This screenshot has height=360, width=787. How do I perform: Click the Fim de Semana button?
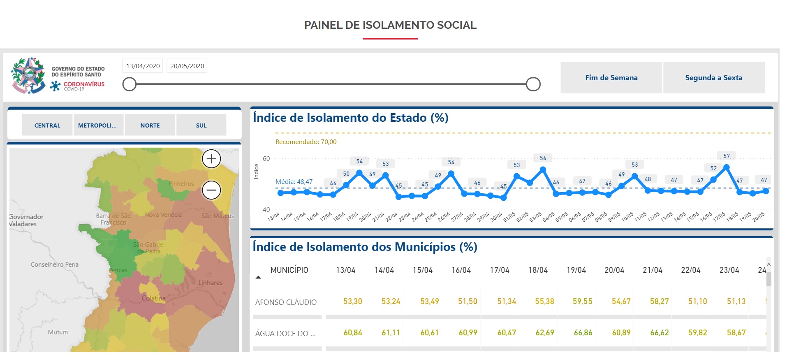pyautogui.click(x=611, y=78)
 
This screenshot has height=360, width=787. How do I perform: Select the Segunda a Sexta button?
pyautogui.click(x=713, y=78)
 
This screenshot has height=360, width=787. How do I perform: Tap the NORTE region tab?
pyautogui.click(x=150, y=125)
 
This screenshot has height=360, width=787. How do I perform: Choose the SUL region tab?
pyautogui.click(x=201, y=125)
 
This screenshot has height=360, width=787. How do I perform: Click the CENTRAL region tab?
pyautogui.click(x=47, y=125)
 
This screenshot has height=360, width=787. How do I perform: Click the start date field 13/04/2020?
pyautogui.click(x=143, y=66)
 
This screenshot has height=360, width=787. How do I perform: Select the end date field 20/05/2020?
pyautogui.click(x=187, y=66)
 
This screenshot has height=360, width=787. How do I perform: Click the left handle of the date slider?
pyautogui.click(x=130, y=84)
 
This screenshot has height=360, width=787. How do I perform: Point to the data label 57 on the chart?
pyautogui.click(x=727, y=156)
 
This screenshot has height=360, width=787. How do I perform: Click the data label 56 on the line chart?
pyautogui.click(x=543, y=158)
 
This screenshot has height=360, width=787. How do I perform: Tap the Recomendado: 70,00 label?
pyautogui.click(x=306, y=142)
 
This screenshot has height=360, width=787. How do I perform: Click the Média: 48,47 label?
pyautogui.click(x=294, y=182)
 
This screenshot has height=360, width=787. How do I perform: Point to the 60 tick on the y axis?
pyautogui.click(x=266, y=159)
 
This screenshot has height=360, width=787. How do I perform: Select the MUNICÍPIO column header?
pyautogui.click(x=289, y=270)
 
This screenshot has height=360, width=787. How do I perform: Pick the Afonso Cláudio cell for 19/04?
pyautogui.click(x=582, y=302)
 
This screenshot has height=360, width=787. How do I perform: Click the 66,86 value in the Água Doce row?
pyautogui.click(x=583, y=333)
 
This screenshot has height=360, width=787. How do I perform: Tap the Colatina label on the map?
pyautogui.click(x=153, y=298)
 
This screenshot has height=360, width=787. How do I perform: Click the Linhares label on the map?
pyautogui.click(x=210, y=283)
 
